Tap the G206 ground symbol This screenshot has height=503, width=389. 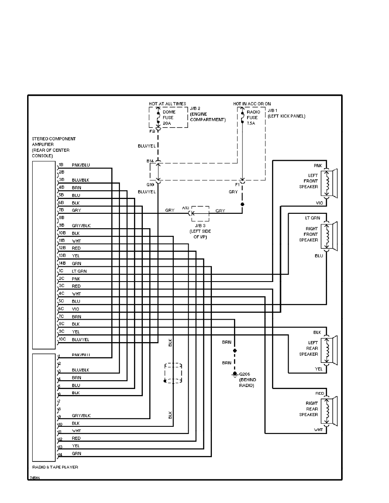pyautogui.click(x=234, y=374)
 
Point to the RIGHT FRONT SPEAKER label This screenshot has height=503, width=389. pyautogui.click(x=308, y=234)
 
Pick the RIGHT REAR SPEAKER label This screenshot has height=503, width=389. pyautogui.click(x=309, y=409)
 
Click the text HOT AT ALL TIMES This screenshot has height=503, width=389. pyautogui.click(x=168, y=104)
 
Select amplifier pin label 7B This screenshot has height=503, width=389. pyautogui.click(x=61, y=210)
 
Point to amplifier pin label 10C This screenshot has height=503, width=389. pyautogui.click(x=62, y=340)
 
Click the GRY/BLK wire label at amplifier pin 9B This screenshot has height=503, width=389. pyautogui.click(x=81, y=225)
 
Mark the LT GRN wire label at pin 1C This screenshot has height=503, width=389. pyautogui.click(x=79, y=271)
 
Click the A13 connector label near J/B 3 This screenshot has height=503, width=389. pyautogui.click(x=185, y=207)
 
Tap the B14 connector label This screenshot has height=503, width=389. pyautogui.click(x=150, y=161)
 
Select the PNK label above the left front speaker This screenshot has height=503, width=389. pyautogui.click(x=318, y=165)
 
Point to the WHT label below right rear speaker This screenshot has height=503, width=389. pyautogui.click(x=319, y=430)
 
